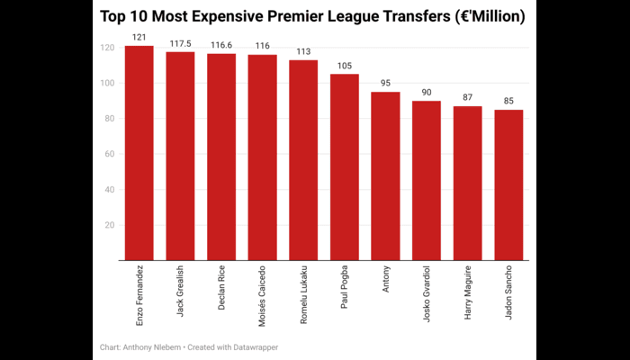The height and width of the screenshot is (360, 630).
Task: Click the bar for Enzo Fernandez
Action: click(x=139, y=153)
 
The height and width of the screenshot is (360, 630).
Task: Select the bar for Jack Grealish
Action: click(x=180, y=156)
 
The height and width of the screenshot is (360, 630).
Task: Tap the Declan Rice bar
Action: click(x=221, y=157)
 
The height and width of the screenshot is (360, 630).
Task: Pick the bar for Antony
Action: click(x=385, y=175)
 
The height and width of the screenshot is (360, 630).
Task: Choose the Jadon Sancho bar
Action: click(x=508, y=184)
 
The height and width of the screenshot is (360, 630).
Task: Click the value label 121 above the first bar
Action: click(x=139, y=38)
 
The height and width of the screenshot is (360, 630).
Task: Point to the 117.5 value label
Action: click(x=180, y=43)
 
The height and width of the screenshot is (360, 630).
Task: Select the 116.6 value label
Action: click(x=221, y=45)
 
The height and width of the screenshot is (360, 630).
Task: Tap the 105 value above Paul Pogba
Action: click(x=345, y=66)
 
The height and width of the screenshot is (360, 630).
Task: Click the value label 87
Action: click(x=467, y=98)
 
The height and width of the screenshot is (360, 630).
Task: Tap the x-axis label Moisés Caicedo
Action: click(x=262, y=288)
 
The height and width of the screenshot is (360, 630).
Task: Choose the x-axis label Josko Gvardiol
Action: click(x=427, y=287)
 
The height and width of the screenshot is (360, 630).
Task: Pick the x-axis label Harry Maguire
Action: click(x=467, y=287)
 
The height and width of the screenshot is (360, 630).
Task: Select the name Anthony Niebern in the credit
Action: click(x=156, y=346)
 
